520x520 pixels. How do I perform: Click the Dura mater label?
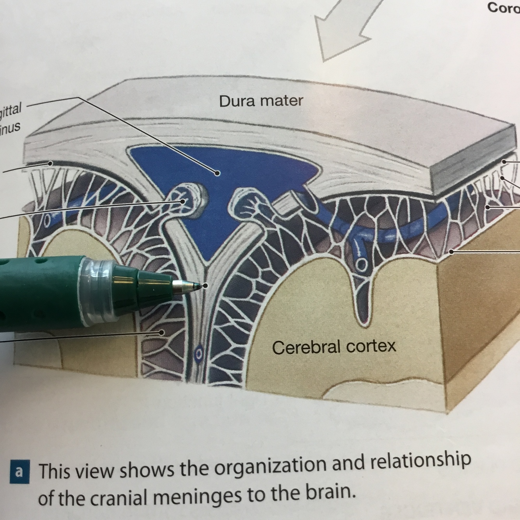(261, 101)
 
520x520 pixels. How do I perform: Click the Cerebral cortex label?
(334, 347)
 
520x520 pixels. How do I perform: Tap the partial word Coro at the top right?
(503, 8)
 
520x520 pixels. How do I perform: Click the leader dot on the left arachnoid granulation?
(182, 201)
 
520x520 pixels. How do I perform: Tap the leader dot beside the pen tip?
(205, 286)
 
